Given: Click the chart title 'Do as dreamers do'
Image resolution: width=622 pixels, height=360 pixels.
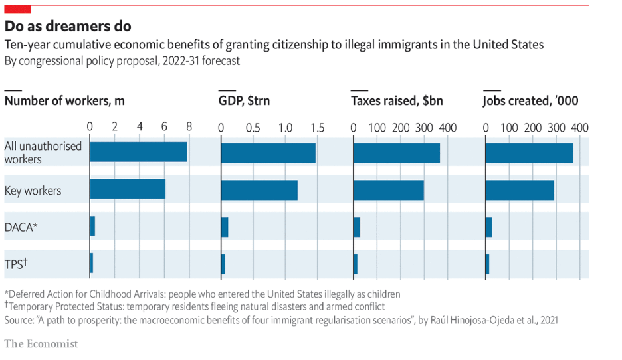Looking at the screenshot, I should coord(68,26).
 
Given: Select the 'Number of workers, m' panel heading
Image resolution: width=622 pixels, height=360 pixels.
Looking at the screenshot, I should coord(64,101).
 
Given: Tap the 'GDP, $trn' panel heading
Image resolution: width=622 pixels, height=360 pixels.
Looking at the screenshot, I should coord(244,101).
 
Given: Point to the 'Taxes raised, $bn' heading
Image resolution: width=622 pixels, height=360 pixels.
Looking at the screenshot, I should coord(397,101).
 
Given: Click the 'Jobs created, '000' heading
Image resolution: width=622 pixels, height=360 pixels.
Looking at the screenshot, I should coord(530,101).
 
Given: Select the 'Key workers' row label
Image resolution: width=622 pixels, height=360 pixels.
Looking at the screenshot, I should coord(33,191).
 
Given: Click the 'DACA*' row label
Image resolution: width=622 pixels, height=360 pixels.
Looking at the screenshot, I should coord(21,226).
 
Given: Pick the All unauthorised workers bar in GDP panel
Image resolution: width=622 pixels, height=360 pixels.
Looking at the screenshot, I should coord(268,153).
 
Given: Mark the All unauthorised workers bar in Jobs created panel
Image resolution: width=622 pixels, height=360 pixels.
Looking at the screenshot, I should coord(529,153).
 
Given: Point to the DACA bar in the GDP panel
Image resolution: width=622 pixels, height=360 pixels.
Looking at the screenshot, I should coord(225,226).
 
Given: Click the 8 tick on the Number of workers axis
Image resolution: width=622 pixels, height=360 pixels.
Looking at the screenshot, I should coord(189,127).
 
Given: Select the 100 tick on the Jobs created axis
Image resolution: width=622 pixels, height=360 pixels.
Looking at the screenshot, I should coord(509,127).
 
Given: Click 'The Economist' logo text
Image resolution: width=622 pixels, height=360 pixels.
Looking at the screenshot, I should coord(41,343).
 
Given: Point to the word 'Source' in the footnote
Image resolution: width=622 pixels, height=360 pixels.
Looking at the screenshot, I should coord(19,319).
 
